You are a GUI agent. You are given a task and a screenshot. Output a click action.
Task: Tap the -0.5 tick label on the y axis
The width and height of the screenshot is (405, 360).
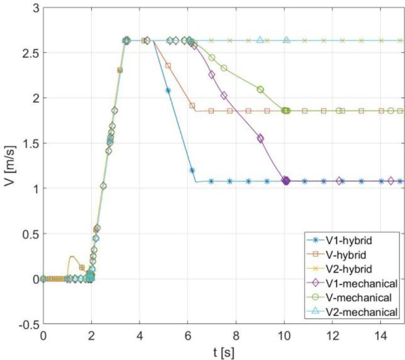[x=26, y=324]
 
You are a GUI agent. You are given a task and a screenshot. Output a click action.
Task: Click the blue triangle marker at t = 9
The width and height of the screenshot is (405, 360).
[x=260, y=40]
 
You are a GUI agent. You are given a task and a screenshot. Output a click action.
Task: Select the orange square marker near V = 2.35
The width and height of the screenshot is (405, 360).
[x=168, y=66]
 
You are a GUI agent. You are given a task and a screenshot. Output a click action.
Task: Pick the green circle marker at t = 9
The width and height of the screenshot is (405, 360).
[x=260, y=89]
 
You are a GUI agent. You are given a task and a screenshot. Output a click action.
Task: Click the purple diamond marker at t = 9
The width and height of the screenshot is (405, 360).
[x=260, y=138]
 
